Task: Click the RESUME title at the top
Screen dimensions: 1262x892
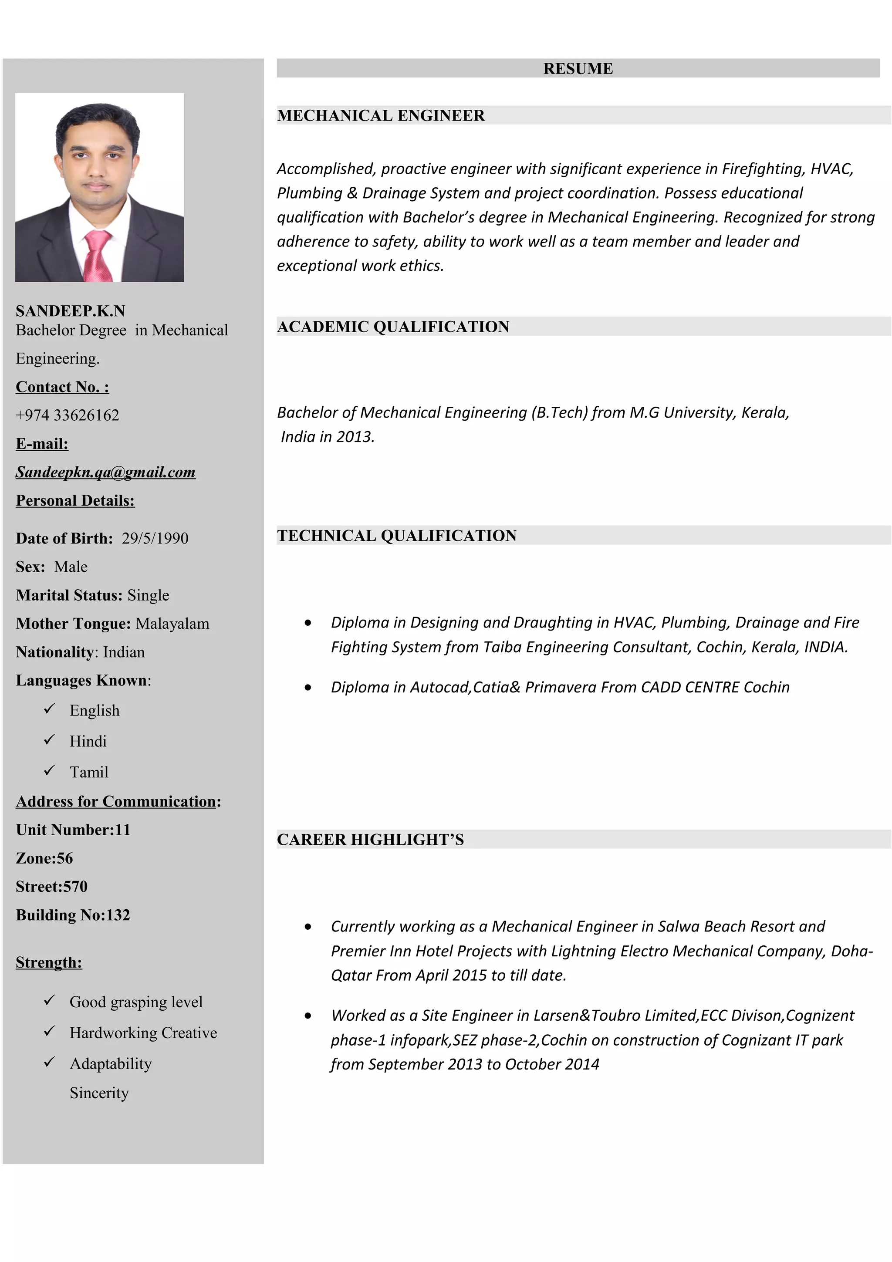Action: [x=578, y=69]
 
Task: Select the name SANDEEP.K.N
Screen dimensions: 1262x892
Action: [x=71, y=311]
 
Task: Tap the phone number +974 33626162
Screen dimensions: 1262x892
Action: [x=67, y=415]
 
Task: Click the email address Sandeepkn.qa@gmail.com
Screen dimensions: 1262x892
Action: [x=105, y=472]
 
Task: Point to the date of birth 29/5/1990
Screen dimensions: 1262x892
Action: [x=155, y=538]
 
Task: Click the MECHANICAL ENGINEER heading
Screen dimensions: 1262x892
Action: [x=380, y=115]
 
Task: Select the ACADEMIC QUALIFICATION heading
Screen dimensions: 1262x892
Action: [x=393, y=327]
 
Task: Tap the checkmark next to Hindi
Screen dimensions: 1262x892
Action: [x=50, y=740]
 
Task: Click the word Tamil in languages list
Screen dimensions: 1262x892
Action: [x=89, y=772]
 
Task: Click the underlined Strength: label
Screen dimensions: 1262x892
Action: [x=49, y=962]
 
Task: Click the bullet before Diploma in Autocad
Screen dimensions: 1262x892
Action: [x=308, y=687]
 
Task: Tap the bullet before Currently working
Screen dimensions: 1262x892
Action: [x=308, y=927]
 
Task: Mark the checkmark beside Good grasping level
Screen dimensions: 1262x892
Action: [x=50, y=1000]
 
